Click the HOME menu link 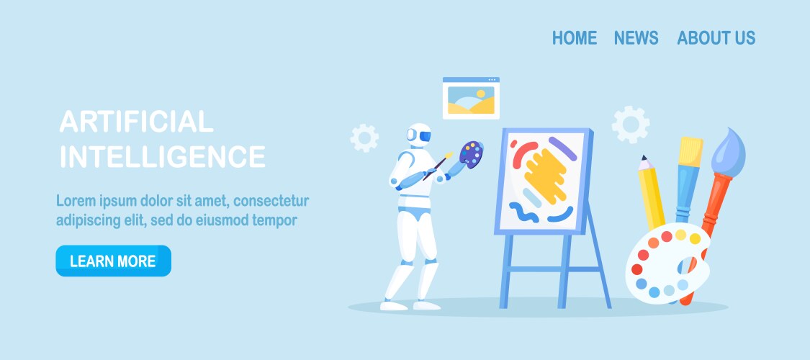point(575,37)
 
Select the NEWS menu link point(636,37)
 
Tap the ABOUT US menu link point(716,37)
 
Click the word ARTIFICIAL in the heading point(136,122)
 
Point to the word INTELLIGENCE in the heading point(163,156)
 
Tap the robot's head point(418,135)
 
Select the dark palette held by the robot point(471,153)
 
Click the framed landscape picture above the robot point(471,98)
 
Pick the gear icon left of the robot point(364,138)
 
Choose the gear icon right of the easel point(631,125)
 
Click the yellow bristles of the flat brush point(690,151)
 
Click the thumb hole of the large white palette point(688,266)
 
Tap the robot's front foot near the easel point(427,305)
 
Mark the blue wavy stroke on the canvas point(523,212)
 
